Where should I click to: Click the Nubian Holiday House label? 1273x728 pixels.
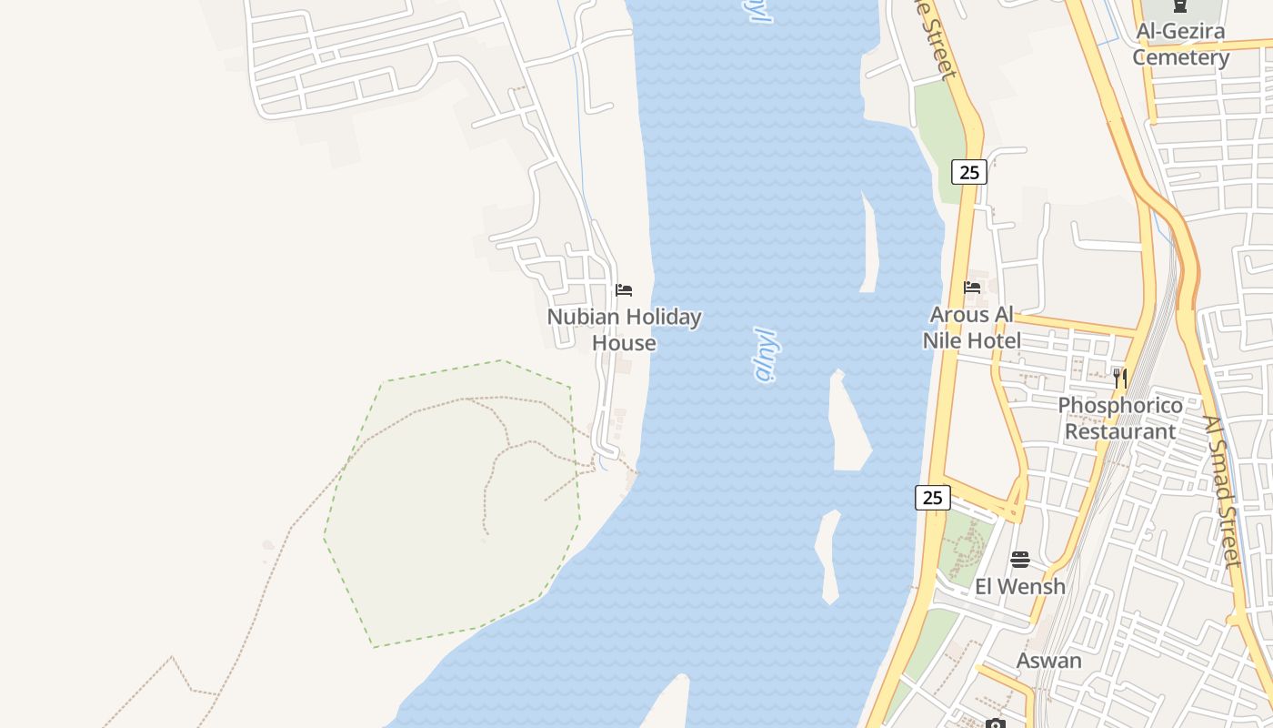click(624, 329)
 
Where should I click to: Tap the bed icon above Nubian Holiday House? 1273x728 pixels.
click(624, 290)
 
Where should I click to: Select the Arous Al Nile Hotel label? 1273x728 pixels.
click(971, 328)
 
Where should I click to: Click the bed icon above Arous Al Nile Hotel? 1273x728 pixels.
click(972, 288)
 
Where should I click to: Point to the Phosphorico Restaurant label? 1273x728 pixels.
click(1120, 418)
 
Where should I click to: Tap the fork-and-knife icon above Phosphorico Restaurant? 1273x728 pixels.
click(1120, 378)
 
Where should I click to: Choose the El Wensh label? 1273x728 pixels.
click(1020, 586)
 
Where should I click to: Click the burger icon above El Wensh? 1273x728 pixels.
click(1020, 559)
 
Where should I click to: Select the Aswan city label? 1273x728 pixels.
click(1048, 661)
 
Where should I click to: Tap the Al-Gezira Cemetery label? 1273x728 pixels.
click(1180, 44)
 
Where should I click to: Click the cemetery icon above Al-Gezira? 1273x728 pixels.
click(1180, 6)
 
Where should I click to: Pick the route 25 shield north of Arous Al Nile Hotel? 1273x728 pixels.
click(969, 171)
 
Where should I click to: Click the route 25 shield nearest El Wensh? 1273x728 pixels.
click(932, 498)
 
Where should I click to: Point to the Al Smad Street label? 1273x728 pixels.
click(1222, 491)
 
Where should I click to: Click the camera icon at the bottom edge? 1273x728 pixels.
click(996, 724)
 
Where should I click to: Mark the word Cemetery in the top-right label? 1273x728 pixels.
click(1180, 57)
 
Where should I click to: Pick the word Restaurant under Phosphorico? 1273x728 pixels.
click(1120, 431)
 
